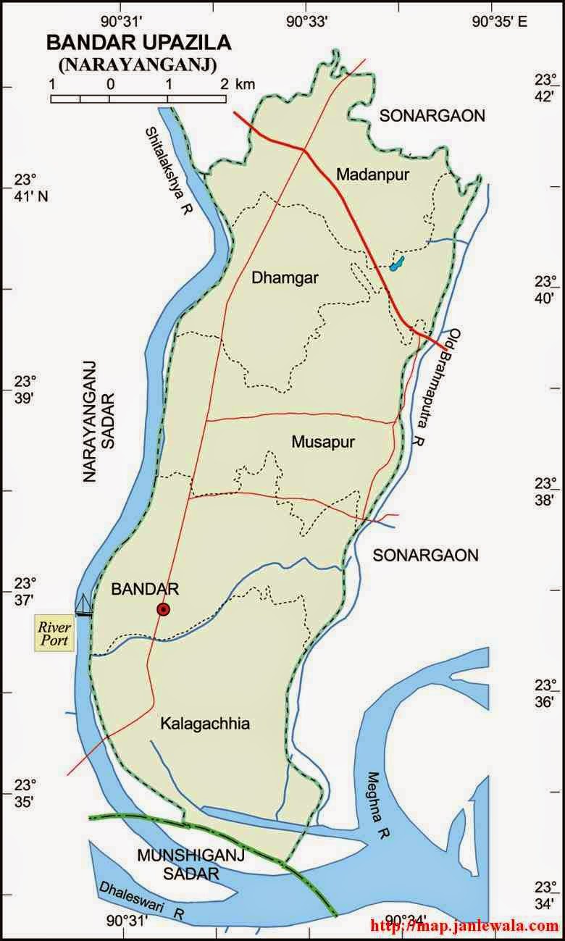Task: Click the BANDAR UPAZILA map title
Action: click(139, 43)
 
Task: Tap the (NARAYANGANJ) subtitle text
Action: click(139, 64)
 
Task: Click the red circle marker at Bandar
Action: click(164, 610)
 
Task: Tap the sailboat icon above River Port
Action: click(85, 605)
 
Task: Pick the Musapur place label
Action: click(323, 442)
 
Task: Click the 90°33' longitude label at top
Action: click(306, 22)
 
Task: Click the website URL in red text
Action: click(464, 925)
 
